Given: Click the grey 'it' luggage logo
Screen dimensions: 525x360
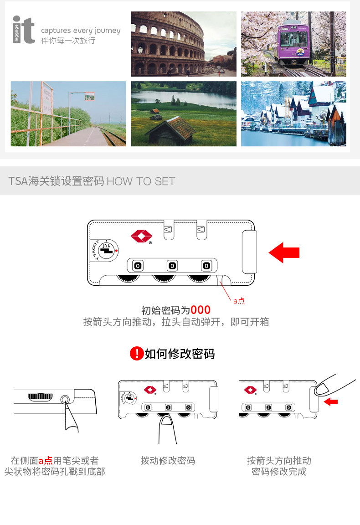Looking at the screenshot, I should point(24,30).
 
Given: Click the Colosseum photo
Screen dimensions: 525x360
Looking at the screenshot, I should point(184,44).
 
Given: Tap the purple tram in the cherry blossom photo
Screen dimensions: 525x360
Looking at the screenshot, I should point(294,39).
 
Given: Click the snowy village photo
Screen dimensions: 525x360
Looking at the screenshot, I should point(293,113).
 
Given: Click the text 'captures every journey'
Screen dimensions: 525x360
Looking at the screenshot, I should point(81,31).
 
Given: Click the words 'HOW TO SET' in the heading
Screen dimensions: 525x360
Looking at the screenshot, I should point(141,181).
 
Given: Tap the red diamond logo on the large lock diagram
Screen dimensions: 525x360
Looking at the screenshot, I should point(141,236).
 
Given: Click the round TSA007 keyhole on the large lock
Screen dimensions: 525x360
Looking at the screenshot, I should point(106,250).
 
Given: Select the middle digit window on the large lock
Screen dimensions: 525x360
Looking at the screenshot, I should point(172,265).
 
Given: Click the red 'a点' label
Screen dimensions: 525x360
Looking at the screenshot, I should point(239,301).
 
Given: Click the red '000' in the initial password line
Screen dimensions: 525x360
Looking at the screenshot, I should point(201,310).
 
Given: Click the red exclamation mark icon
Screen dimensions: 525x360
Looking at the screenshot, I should point(136,353).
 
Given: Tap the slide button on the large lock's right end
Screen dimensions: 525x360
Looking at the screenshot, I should point(249,252).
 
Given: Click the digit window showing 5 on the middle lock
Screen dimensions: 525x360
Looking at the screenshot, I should point(148,407).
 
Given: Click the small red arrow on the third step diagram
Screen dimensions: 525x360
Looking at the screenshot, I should point(331,401).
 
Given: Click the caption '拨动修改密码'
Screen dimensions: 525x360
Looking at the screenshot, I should point(168,461).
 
